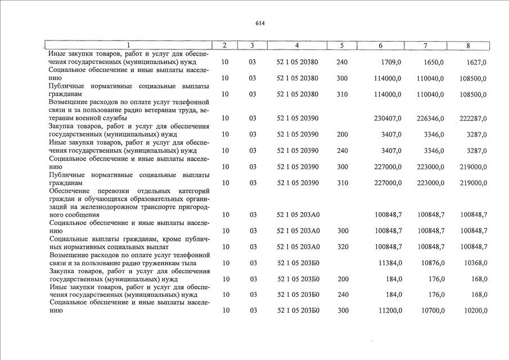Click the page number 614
pyautogui.click(x=259, y=23)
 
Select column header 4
pyautogui.click(x=296, y=45)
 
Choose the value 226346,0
pyautogui.click(x=430, y=119)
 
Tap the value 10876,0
pyautogui.click(x=432, y=263)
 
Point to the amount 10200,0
pyautogui.click(x=474, y=310)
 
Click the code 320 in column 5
pyautogui.click(x=342, y=247)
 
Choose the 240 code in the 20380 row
pyautogui.click(x=342, y=62)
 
